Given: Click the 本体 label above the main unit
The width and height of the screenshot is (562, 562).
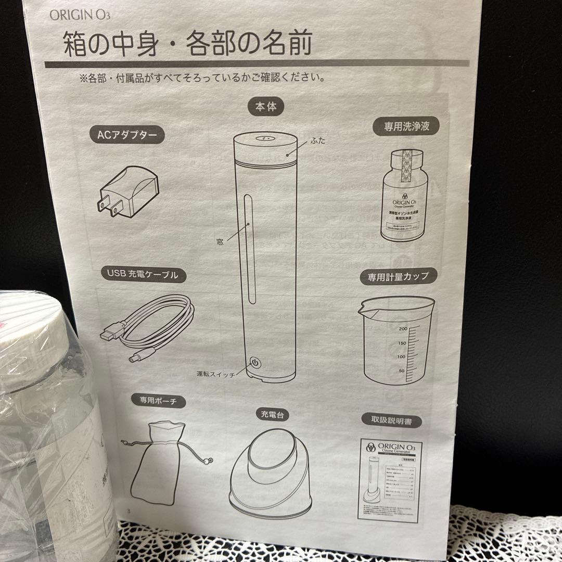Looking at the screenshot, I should point(265,108).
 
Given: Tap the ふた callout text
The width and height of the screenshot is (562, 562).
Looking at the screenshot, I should point(317,140).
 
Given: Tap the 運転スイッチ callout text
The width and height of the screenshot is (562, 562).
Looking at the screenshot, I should point(214,374).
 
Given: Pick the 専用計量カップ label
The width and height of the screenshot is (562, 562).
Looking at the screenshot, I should point(399,276).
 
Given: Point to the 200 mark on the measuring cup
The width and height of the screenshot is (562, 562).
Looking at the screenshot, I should point(402,329).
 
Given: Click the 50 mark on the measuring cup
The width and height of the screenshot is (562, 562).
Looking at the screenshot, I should point(401,371).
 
